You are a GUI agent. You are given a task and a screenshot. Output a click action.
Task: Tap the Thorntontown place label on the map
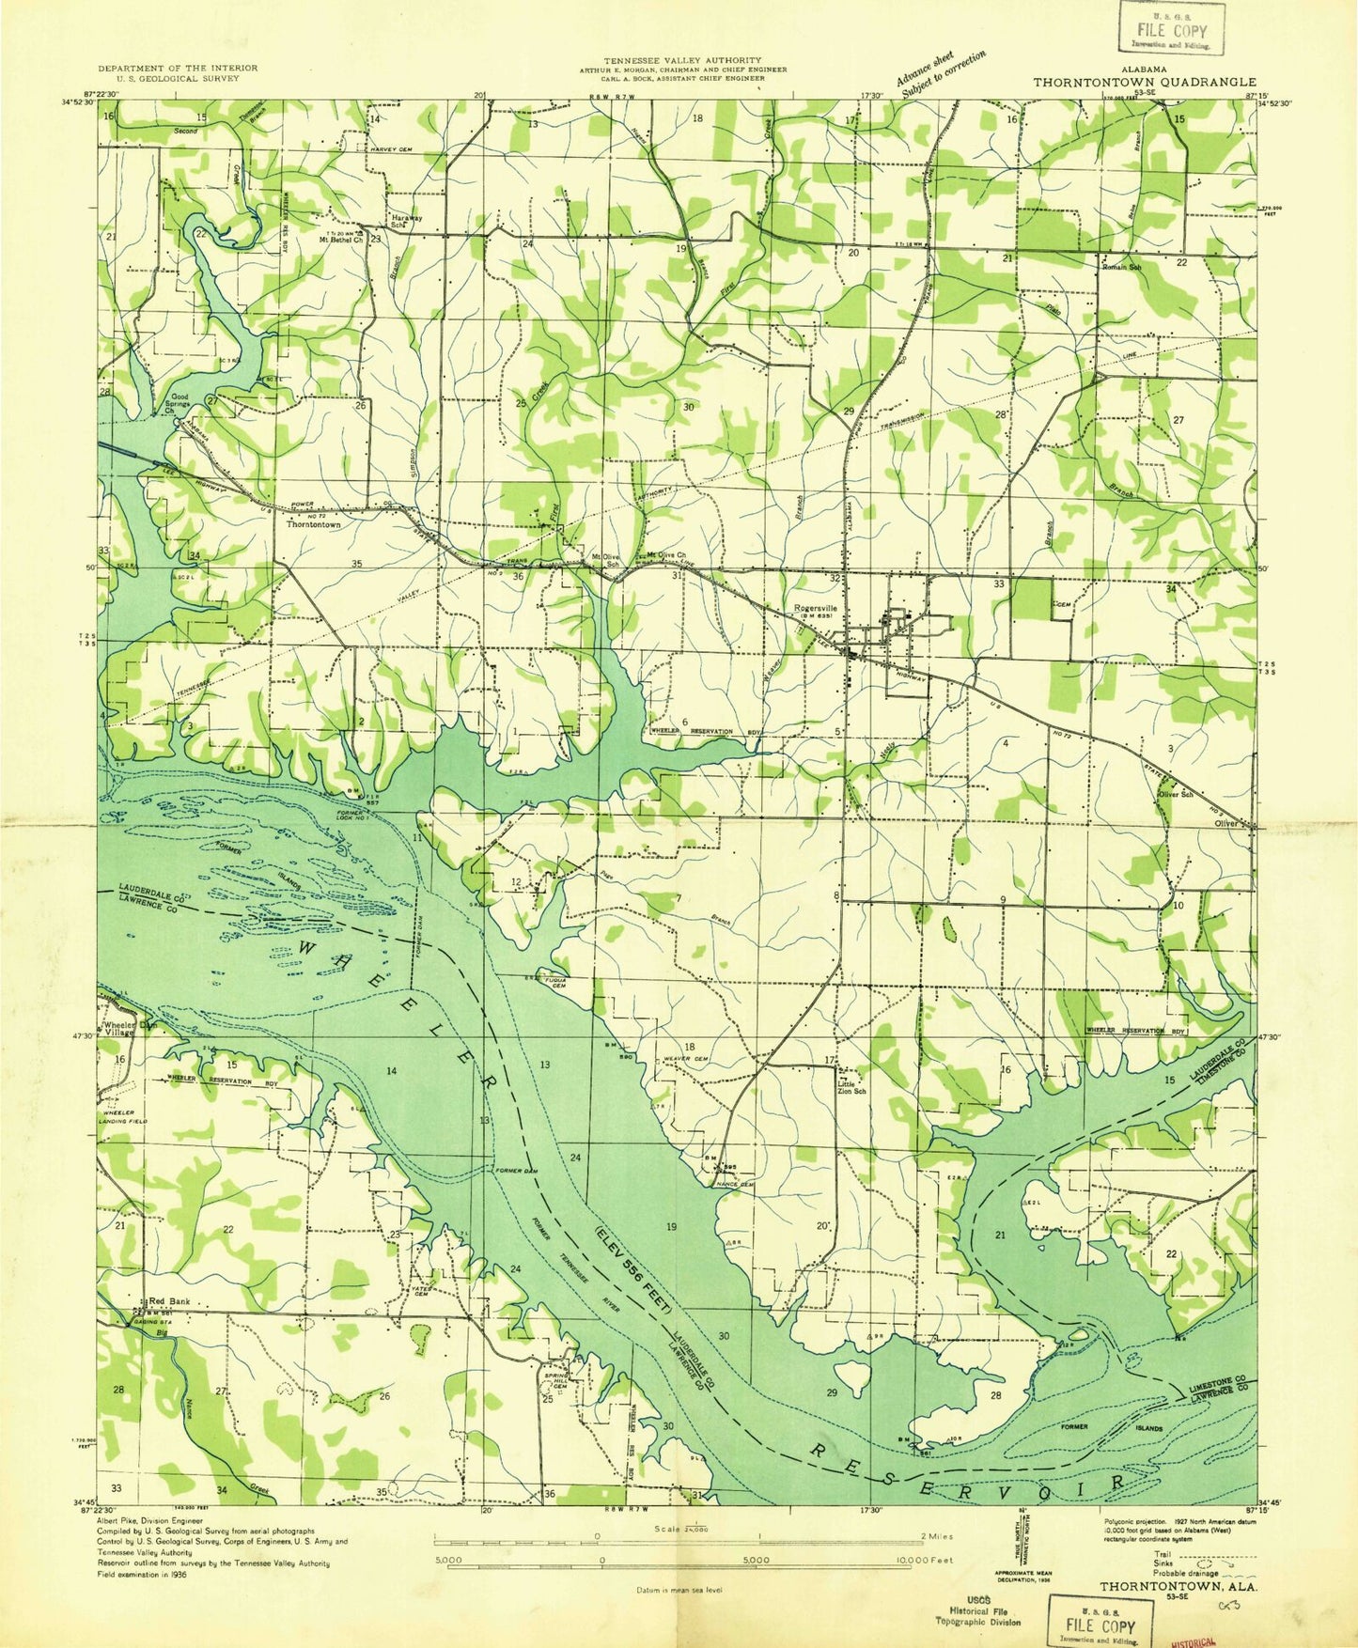coord(314,525)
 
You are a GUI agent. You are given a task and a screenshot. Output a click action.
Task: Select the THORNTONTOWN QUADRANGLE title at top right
coord(1145,82)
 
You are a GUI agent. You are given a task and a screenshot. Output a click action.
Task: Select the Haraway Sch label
coord(406,222)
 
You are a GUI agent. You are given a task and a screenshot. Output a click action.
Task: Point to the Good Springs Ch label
coord(178,403)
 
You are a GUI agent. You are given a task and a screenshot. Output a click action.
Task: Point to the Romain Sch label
coord(1122,267)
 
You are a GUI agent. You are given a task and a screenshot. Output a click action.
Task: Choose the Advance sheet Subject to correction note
coord(940,72)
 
